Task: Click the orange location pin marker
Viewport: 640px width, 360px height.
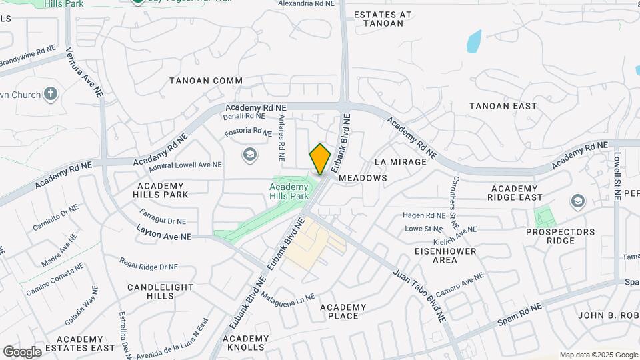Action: tap(320, 159)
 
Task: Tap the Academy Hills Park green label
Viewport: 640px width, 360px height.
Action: tap(289, 192)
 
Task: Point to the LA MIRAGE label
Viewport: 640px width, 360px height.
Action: tap(400, 162)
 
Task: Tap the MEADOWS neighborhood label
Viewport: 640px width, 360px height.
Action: tap(363, 179)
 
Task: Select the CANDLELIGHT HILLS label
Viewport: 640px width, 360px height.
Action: tap(160, 291)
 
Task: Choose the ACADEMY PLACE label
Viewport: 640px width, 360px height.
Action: tap(343, 311)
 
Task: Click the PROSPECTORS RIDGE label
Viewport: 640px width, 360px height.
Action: tap(560, 236)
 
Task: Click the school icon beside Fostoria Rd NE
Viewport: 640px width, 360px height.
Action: tap(250, 155)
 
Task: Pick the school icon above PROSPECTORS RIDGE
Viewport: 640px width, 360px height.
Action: tap(577, 201)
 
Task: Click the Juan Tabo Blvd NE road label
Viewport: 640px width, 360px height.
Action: tap(419, 297)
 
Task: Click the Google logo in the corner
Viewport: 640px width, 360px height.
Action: tap(22, 352)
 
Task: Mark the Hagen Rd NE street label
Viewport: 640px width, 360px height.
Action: tap(424, 215)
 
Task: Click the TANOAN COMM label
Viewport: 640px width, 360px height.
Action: tap(205, 81)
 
